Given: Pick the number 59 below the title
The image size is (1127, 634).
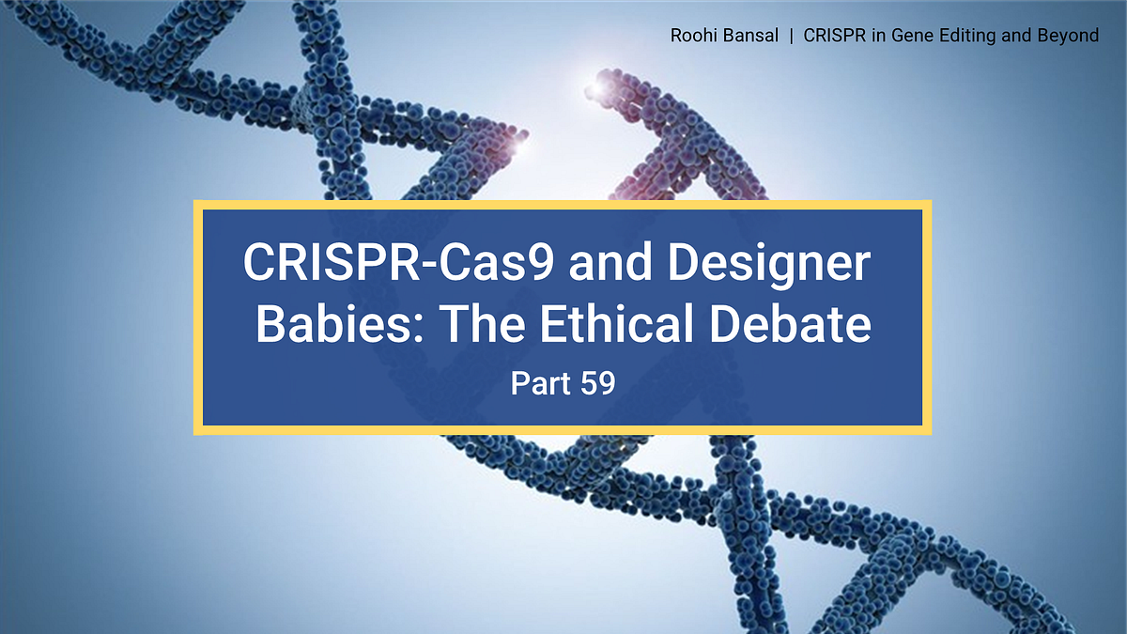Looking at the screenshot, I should (595, 383).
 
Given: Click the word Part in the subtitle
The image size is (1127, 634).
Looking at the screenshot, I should (539, 383).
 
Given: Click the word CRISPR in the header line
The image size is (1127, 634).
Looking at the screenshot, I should (832, 36).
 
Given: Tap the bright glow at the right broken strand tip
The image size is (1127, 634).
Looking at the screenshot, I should (594, 89).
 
